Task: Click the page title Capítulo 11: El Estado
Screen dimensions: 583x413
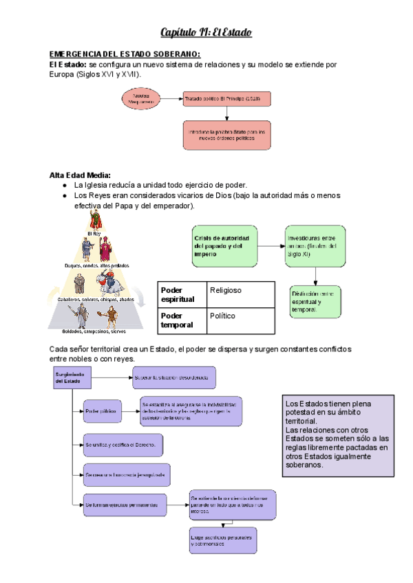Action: [206, 32]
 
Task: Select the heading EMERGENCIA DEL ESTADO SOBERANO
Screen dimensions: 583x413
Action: [125, 54]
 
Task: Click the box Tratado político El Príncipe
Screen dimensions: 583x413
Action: [227, 100]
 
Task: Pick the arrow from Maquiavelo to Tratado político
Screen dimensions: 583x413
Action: [172, 100]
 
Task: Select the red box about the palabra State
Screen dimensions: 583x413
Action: [227, 135]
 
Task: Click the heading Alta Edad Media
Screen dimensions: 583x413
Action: [80, 175]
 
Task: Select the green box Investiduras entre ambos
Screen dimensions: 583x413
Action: [313, 246]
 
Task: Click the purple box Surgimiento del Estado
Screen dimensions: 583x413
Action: [73, 380]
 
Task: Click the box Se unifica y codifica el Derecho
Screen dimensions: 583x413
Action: [122, 445]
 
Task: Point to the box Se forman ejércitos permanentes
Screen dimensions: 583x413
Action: [125, 505]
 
